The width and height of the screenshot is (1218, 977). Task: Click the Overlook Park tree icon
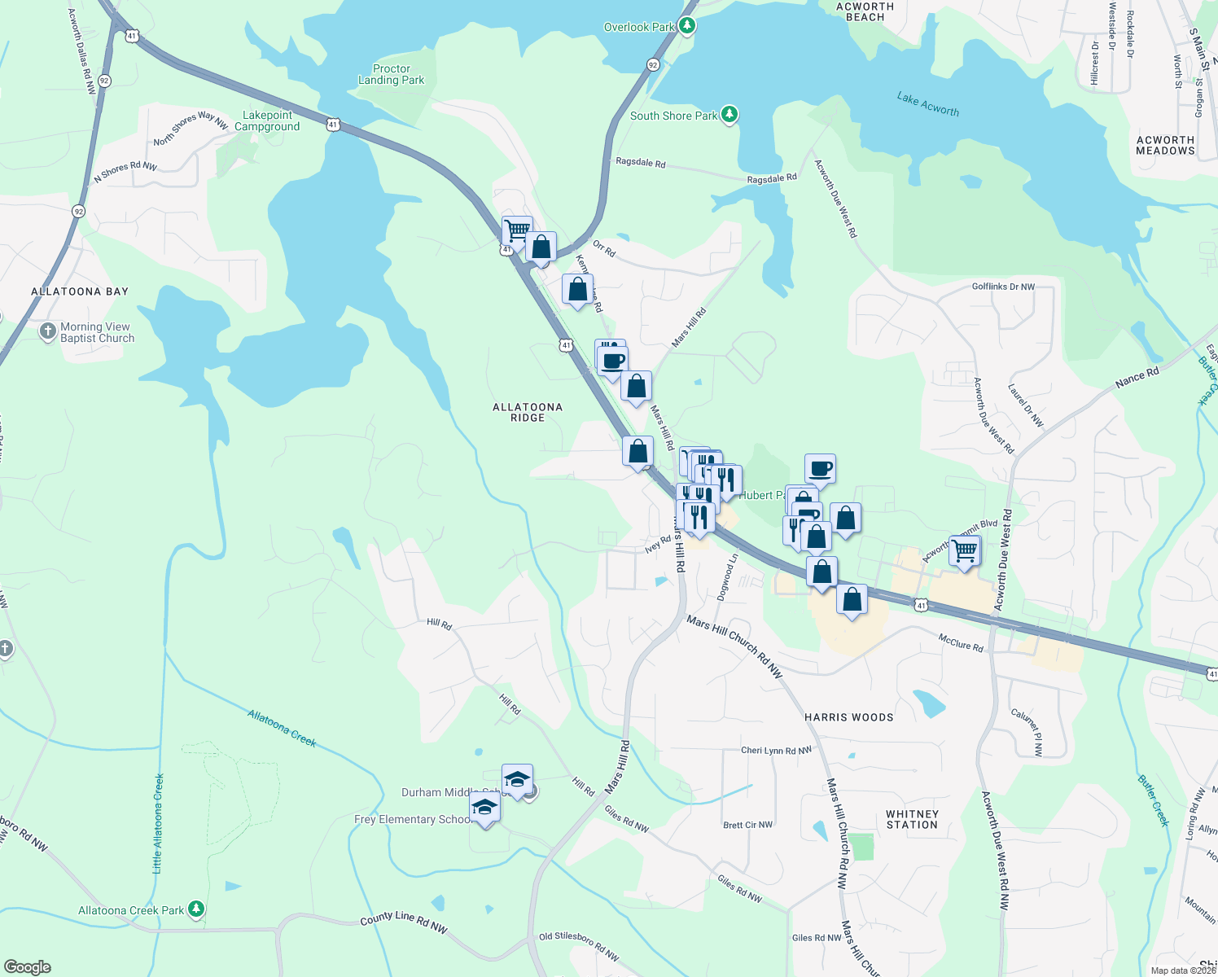[687, 26]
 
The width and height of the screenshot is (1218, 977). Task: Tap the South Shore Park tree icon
[729, 115]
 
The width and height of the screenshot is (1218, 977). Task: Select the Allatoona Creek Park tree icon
[195, 909]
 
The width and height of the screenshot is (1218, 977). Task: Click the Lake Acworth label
[927, 104]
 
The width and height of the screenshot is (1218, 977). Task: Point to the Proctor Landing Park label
[392, 74]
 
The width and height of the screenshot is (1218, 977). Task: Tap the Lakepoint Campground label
[267, 120]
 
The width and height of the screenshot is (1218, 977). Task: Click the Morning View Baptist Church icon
[48, 331]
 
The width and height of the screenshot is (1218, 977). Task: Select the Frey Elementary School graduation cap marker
[485, 808]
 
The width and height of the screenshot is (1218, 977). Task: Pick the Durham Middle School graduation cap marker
[517, 780]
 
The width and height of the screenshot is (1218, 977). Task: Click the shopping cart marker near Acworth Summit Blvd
[964, 551]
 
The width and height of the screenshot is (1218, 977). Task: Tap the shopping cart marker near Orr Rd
[517, 231]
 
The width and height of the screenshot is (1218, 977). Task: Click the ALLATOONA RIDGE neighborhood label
[528, 412]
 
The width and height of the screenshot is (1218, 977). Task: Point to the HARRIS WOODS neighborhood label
[849, 717]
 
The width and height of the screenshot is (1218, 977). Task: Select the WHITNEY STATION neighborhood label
[912, 819]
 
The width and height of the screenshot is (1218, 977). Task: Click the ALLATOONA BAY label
[80, 291]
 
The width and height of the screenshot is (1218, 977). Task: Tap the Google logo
[28, 966]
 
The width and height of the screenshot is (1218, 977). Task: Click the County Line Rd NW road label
[403, 922]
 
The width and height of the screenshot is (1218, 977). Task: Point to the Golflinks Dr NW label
[1003, 287]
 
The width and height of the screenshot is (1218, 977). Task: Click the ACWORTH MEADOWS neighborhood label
[1165, 145]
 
